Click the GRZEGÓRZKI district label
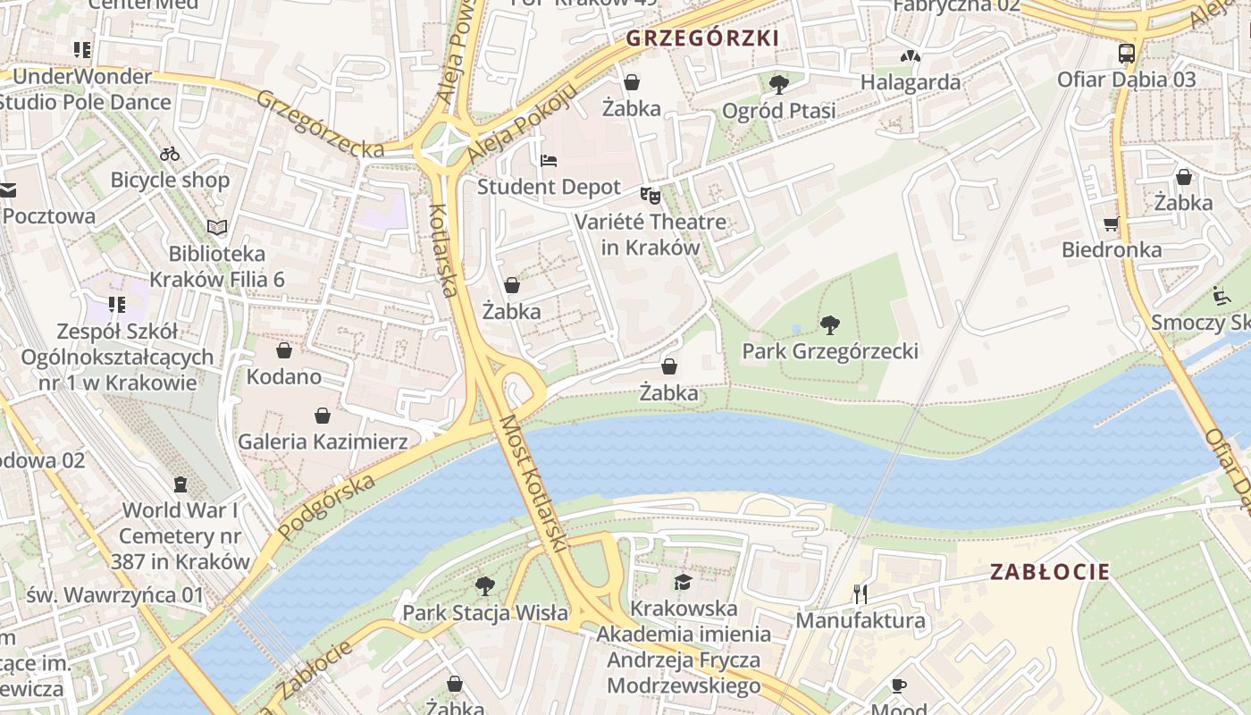click(x=702, y=38)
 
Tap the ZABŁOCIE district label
click(x=1049, y=572)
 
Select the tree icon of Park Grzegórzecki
click(x=830, y=325)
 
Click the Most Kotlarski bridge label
click(x=533, y=483)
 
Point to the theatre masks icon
click(x=651, y=195)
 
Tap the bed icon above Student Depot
click(x=549, y=161)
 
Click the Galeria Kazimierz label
click(x=323, y=442)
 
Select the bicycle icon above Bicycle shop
click(x=170, y=154)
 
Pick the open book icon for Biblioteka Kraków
click(x=217, y=227)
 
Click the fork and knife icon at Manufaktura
click(x=861, y=593)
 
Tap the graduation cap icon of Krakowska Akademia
click(x=684, y=583)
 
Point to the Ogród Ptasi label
click(x=778, y=111)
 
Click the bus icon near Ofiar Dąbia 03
click(x=1127, y=54)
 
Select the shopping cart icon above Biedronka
click(x=1112, y=224)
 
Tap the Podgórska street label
click(x=325, y=507)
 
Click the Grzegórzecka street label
click(x=320, y=123)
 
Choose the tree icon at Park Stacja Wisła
click(x=485, y=586)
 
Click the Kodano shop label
click(x=284, y=376)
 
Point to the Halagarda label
click(x=911, y=82)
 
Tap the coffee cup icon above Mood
click(x=899, y=686)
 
